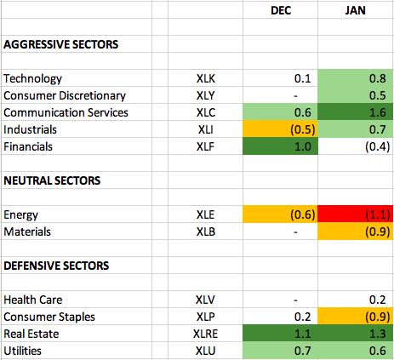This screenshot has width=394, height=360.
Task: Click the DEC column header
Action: tap(281, 10)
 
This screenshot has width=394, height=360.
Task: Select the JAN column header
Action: tap(355, 10)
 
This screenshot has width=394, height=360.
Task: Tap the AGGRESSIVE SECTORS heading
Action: tap(61, 44)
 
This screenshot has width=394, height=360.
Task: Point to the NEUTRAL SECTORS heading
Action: tap(52, 180)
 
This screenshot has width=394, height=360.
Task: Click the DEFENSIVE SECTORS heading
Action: tap(56, 266)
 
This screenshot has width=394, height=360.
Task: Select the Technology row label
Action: tap(32, 79)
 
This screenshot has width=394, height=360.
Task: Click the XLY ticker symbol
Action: tap(206, 95)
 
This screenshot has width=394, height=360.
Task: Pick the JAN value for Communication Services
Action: tap(377, 112)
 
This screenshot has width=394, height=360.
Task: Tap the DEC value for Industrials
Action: tap(303, 129)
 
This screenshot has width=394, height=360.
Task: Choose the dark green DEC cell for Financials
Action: tap(280, 146)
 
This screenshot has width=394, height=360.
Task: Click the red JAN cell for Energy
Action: tap(356, 214)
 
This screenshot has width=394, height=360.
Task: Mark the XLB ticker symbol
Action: tap(206, 231)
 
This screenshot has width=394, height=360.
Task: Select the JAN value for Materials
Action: tap(377, 231)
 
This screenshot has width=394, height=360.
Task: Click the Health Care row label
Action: tap(33, 300)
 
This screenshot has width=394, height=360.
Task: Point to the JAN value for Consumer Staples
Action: tap(377, 317)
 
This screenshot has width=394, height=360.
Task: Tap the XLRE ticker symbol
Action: tap(205, 334)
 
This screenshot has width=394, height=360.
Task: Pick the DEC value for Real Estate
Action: tap(303, 334)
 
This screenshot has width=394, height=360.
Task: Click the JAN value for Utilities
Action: tap(377, 351)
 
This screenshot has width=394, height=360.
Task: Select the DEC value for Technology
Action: tap(303, 78)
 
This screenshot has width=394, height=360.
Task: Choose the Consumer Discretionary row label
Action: tap(65, 96)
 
